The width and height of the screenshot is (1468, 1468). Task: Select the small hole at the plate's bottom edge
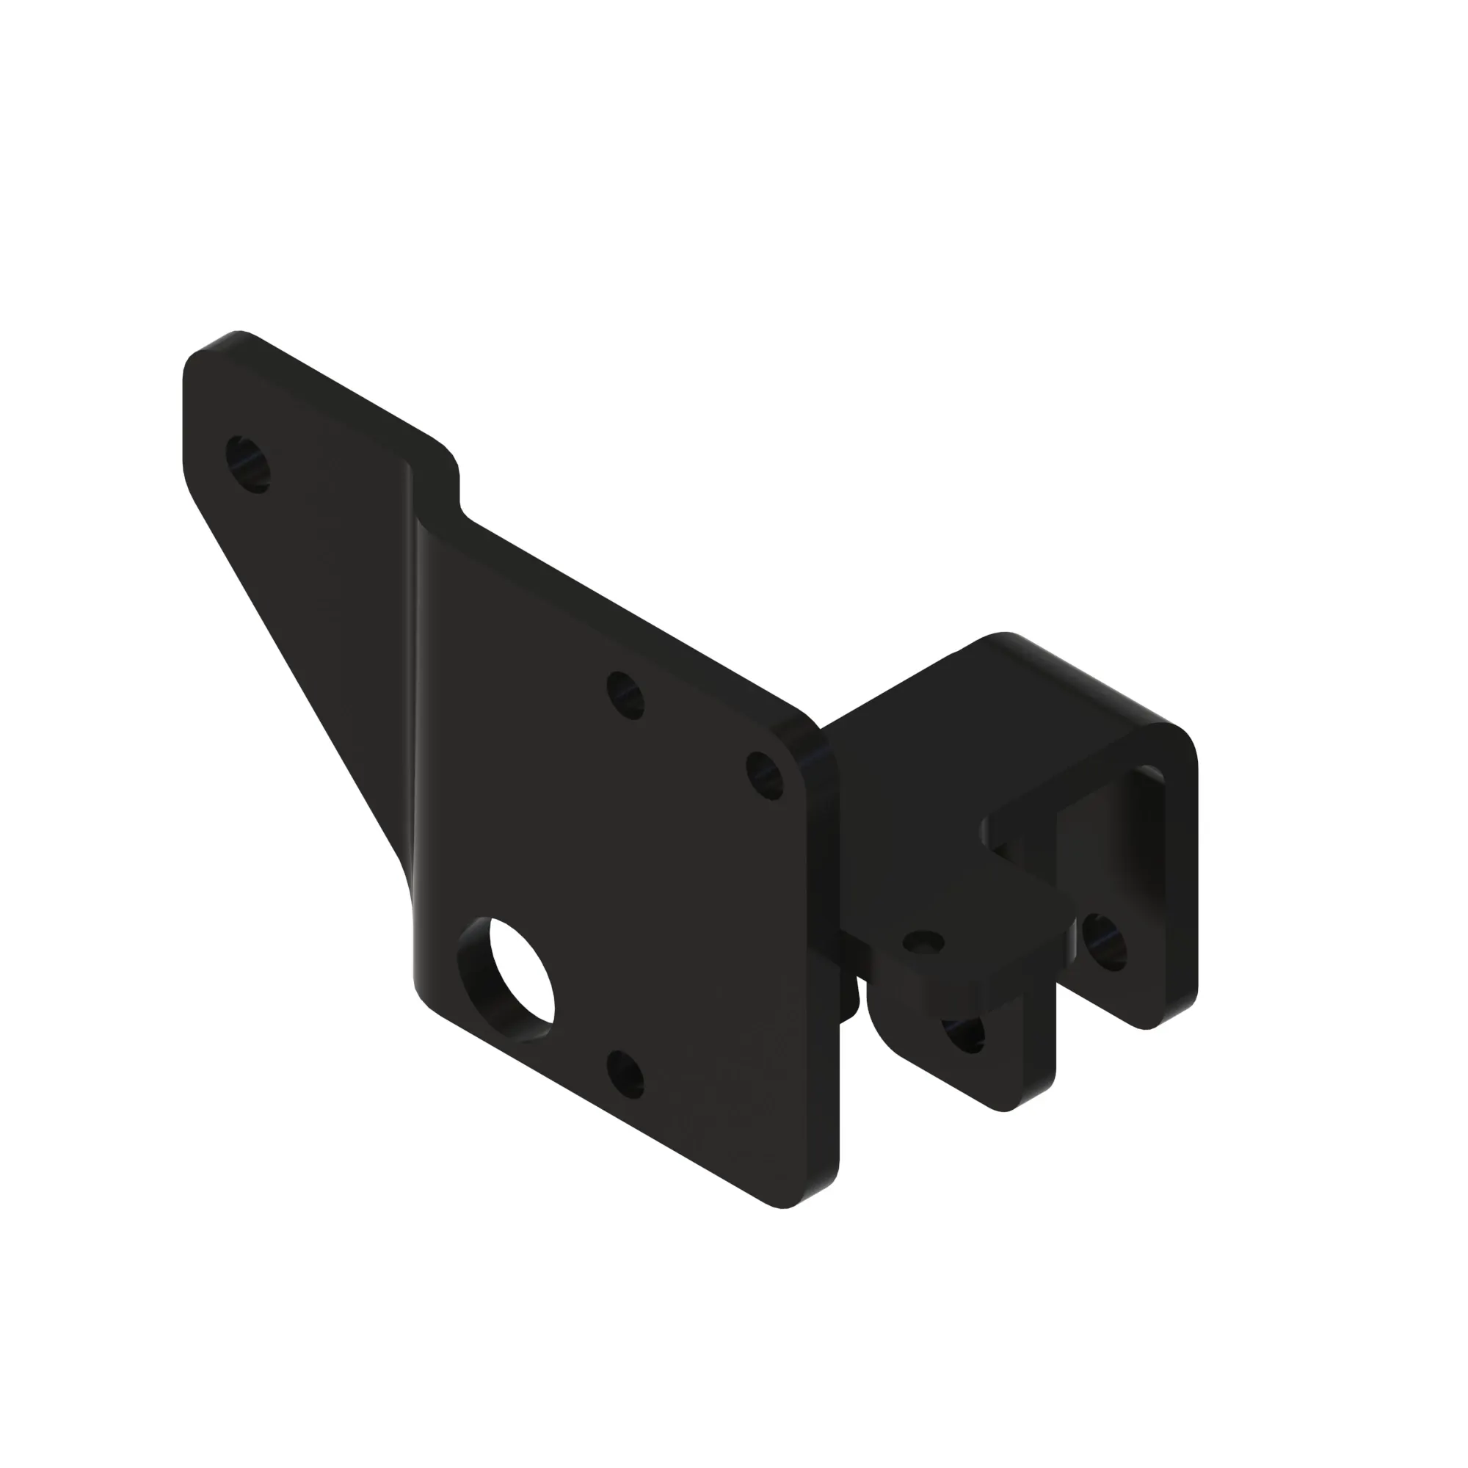(x=625, y=1075)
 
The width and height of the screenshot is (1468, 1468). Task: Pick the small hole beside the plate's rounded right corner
(x=765, y=775)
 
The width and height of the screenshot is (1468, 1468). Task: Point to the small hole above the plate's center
(x=626, y=695)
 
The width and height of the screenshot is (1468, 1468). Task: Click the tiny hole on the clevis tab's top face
(x=924, y=942)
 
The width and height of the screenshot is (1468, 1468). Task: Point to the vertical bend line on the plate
(x=415, y=684)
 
